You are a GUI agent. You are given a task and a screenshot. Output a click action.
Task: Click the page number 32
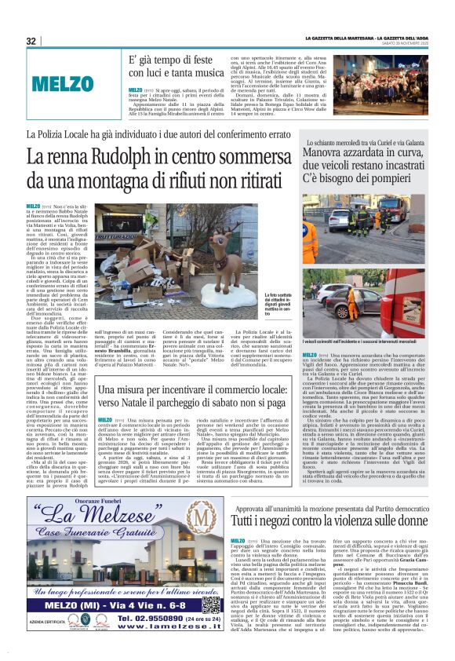point(31,41)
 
